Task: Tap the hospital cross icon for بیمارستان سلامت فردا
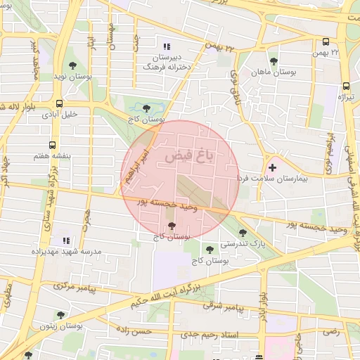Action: click(x=272, y=167)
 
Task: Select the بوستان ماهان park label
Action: click(x=274, y=72)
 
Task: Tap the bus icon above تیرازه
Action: click(x=345, y=86)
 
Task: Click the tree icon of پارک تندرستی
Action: click(x=243, y=233)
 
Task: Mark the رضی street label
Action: click(x=331, y=330)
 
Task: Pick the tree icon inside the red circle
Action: click(x=172, y=226)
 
